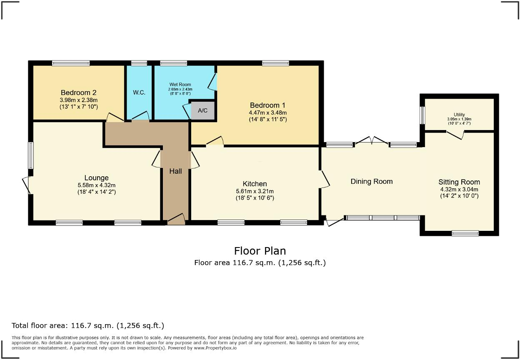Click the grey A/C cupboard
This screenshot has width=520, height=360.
202,111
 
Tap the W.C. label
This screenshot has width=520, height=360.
139,92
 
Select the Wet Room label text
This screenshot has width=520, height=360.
180,85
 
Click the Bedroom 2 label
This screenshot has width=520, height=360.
78,92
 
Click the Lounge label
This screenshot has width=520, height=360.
96,178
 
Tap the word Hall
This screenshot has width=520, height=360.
175,171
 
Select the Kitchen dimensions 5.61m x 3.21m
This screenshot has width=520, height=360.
255,191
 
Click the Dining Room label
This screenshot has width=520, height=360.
372,181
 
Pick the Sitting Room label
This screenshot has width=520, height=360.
459,182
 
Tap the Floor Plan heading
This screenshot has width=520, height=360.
260,251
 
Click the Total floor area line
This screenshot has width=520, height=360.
88,325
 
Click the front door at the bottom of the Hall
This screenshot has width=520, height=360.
176,220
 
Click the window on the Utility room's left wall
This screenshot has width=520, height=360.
422,115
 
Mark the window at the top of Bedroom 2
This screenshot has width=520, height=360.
71,63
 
